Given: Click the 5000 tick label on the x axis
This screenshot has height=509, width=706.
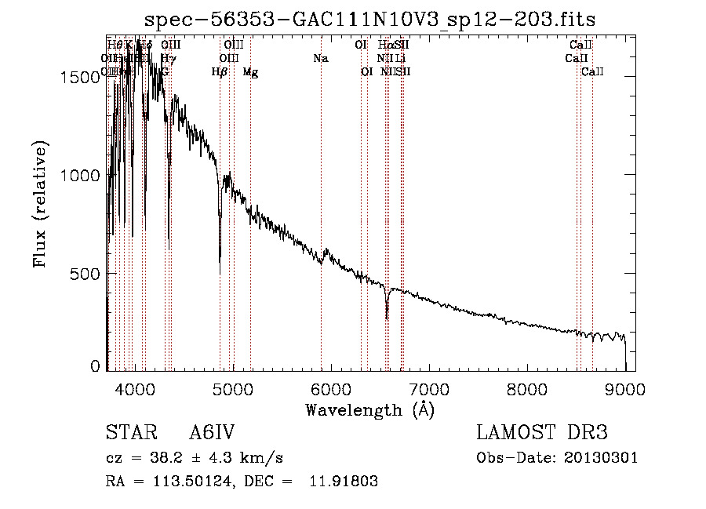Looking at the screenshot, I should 233,388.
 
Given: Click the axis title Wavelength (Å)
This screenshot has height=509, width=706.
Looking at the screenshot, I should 369,409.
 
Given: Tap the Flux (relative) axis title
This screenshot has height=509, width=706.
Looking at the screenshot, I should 41,204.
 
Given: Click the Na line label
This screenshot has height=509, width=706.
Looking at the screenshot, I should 320,59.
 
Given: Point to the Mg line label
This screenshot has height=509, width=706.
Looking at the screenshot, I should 250,72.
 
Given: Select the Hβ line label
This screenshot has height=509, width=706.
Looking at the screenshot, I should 220,72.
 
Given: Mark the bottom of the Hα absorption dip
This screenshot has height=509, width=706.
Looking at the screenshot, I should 387,318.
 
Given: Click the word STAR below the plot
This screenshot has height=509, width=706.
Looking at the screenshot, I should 126,433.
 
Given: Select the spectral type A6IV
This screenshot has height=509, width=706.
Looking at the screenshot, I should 212,433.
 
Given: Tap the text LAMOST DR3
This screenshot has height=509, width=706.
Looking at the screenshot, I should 541,433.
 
